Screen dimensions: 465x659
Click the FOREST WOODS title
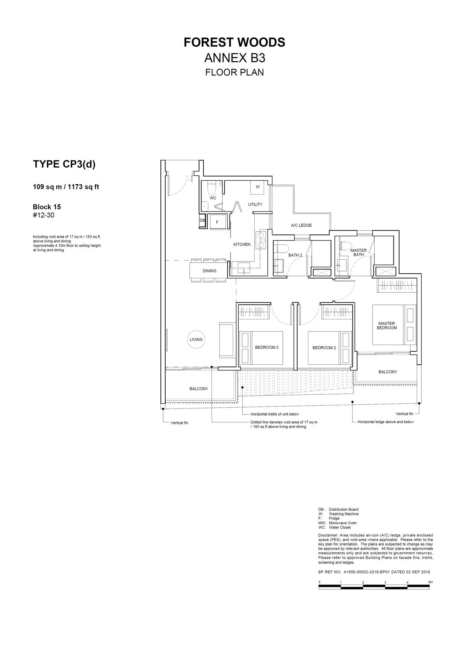(234, 42)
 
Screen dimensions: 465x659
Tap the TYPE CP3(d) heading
(64, 164)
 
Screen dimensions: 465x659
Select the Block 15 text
(47, 207)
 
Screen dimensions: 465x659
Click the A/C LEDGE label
(301, 225)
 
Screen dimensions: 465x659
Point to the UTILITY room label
(255, 204)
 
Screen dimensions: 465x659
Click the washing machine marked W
(257, 187)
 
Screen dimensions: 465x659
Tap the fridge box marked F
(217, 222)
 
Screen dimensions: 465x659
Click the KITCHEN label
(242, 245)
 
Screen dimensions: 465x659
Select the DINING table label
(210, 271)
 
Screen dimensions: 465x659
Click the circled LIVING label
(196, 339)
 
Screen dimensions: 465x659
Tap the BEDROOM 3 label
(267, 348)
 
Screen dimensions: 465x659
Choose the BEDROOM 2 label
(324, 348)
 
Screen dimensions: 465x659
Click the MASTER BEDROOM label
(387, 326)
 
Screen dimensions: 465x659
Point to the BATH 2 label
(295, 255)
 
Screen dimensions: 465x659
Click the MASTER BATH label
(359, 252)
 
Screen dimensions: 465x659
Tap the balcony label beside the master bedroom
(388, 372)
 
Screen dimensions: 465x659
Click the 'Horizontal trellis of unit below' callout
(275, 414)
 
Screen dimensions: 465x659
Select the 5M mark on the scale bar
(430, 582)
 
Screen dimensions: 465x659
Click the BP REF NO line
(374, 572)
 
